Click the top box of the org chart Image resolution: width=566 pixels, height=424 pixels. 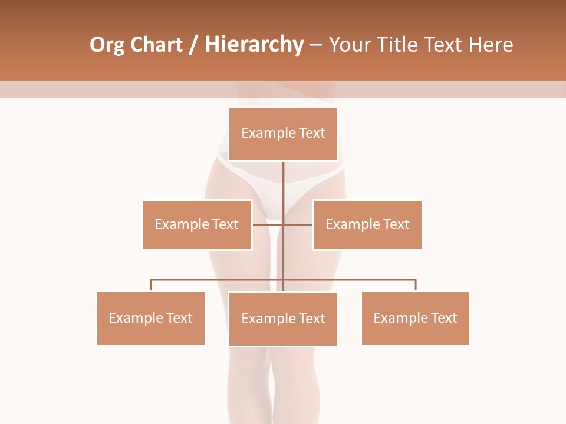[283, 134]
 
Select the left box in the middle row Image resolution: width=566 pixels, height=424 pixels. [197, 224]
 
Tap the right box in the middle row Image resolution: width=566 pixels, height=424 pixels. [367, 224]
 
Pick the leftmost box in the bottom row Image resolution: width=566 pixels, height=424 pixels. [150, 318]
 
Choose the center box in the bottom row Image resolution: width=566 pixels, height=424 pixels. [283, 319]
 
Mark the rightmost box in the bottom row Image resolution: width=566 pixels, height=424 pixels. [415, 318]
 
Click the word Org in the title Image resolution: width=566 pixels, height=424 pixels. [107, 45]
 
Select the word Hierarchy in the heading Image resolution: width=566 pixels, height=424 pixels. [254, 45]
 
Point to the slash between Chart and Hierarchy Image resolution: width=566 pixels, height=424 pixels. [194, 45]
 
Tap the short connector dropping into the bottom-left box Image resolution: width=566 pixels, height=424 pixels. [150, 286]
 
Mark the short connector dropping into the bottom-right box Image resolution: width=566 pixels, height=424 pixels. [416, 286]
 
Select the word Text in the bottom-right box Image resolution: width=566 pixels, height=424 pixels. [444, 318]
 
